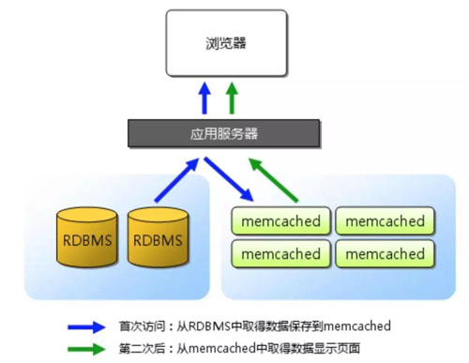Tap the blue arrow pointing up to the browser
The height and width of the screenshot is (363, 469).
coord(204,98)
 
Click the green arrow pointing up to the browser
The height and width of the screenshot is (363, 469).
coord(233,98)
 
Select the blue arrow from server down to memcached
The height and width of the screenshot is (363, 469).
coord(231,178)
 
